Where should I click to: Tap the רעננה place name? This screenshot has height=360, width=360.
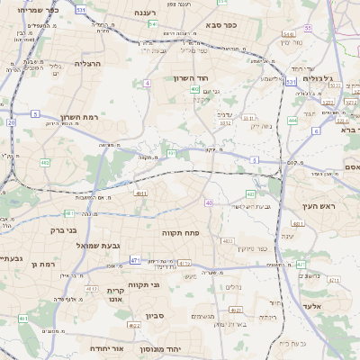[148, 13]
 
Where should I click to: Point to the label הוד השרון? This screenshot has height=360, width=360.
[192, 78]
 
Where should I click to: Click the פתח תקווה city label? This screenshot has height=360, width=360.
[180, 232]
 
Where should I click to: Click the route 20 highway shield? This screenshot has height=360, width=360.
[11, 121]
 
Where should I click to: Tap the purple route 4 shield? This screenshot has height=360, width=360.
[146, 83]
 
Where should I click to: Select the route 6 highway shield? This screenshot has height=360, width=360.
[316, 131]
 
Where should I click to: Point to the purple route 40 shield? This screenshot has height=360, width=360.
[210, 203]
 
